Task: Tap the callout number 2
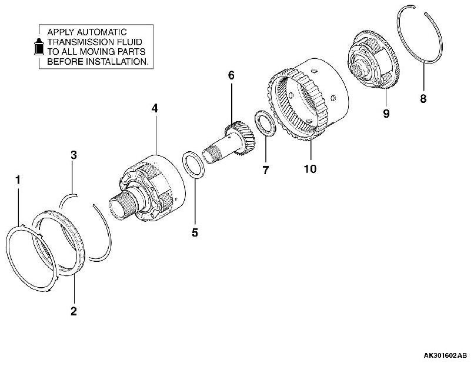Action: point(74,311)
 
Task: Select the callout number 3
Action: point(74,155)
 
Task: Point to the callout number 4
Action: point(155,108)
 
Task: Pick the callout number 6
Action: point(231,75)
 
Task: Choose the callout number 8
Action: point(423,99)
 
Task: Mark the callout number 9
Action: point(386,114)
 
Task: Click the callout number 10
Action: point(310,169)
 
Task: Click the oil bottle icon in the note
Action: point(38,47)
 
